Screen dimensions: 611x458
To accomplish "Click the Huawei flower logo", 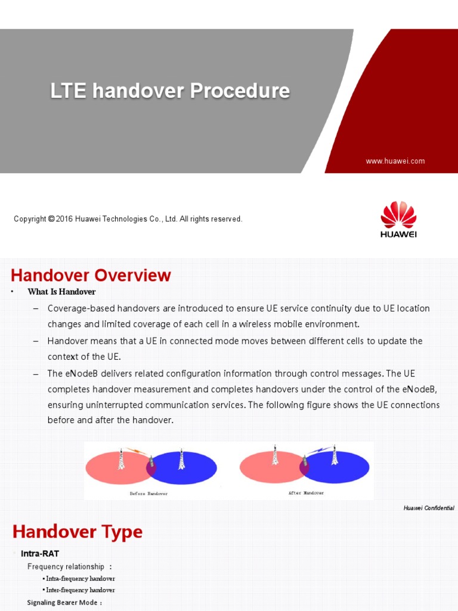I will pyautogui.click(x=398, y=215).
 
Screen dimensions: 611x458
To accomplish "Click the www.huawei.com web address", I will pyautogui.click(x=395, y=161).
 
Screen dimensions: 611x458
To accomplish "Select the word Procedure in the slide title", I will pyautogui.click(x=240, y=91).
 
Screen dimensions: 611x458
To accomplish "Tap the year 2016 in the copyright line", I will pyautogui.click(x=64, y=219).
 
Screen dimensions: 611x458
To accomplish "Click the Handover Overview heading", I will pyautogui.click(x=91, y=275).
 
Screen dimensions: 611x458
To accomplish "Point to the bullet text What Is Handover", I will pyautogui.click(x=61, y=292).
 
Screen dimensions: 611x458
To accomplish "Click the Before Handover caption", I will pyautogui.click(x=148, y=493).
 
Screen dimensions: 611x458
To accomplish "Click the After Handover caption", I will pyautogui.click(x=307, y=493).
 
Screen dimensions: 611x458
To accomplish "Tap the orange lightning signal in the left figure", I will pyautogui.click(x=136, y=452).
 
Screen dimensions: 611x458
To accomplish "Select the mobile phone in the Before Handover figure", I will pyautogui.click(x=151, y=461).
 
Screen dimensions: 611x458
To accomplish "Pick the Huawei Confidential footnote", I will pyautogui.click(x=428, y=508).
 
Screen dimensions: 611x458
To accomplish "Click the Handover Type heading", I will pyautogui.click(x=78, y=532).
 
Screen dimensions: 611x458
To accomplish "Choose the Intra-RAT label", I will pyautogui.click(x=40, y=554).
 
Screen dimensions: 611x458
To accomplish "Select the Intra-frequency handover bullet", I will pyautogui.click(x=80, y=578).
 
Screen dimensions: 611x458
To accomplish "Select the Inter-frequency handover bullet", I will pyautogui.click(x=80, y=590).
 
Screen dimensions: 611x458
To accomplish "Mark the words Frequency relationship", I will pyautogui.click(x=66, y=566).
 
